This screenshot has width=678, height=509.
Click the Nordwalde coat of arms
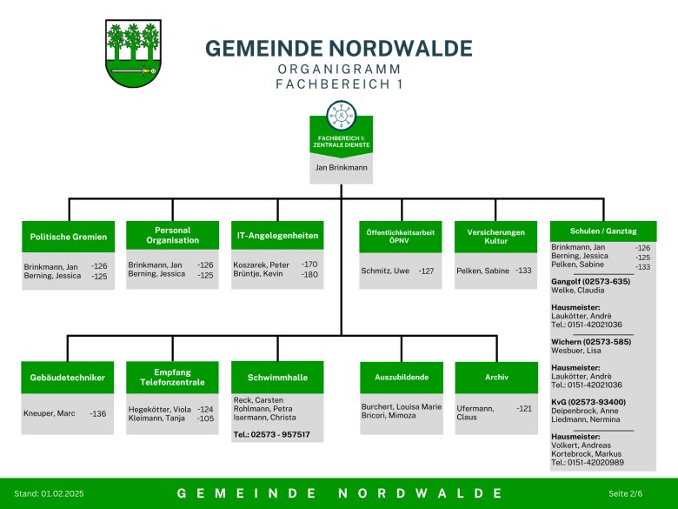[x=133, y=53]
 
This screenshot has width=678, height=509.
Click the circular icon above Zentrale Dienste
[x=341, y=115]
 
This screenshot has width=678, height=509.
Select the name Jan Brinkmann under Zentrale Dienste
[x=341, y=168]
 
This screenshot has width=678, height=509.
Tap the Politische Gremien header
[x=69, y=237]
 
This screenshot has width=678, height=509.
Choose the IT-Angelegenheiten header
[x=277, y=236]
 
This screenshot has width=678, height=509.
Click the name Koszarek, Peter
[x=261, y=265]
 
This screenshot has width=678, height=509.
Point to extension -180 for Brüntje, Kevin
[x=309, y=274]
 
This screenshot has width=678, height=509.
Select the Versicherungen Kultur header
[x=496, y=237]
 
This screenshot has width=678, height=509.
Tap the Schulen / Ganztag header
[x=603, y=231]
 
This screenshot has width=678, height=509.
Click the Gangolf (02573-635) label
[x=591, y=281]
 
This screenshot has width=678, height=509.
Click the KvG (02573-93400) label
[x=588, y=402]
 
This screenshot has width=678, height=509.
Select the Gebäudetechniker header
[x=68, y=378]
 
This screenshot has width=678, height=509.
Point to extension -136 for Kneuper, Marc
[x=97, y=414]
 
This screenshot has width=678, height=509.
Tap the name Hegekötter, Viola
[x=160, y=410]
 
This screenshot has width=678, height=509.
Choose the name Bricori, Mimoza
[x=389, y=416]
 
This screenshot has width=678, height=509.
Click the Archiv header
[x=496, y=378]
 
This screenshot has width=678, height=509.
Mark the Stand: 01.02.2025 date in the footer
[x=49, y=493]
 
